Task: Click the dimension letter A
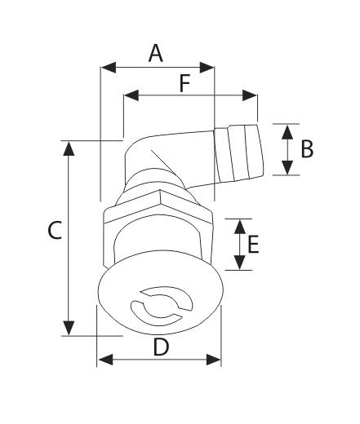155,53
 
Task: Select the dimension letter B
307,148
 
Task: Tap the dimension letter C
54,232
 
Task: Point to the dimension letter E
254,245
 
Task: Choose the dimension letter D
161,347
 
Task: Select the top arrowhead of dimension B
287,130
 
